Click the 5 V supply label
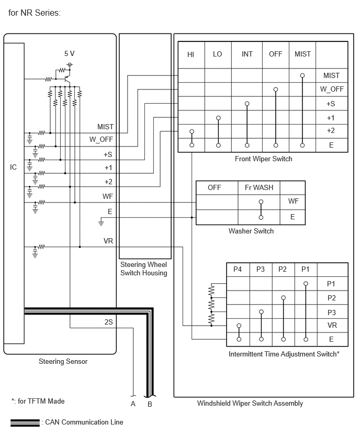click(x=69, y=53)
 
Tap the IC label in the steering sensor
click(x=14, y=167)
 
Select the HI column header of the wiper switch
click(x=190, y=54)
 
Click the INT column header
click(x=247, y=54)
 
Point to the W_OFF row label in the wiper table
click(x=332, y=89)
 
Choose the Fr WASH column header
click(x=259, y=187)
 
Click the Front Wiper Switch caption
click(x=263, y=159)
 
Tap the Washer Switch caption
click(x=251, y=231)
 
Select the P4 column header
click(x=238, y=269)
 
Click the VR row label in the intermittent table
click(x=332, y=325)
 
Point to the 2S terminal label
click(x=108, y=322)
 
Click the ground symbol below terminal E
click(x=101, y=222)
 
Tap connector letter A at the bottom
click(x=133, y=404)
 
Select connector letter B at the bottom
click(x=150, y=404)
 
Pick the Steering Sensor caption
click(x=63, y=361)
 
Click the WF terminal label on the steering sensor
click(x=107, y=196)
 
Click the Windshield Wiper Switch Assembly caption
click(x=250, y=403)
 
